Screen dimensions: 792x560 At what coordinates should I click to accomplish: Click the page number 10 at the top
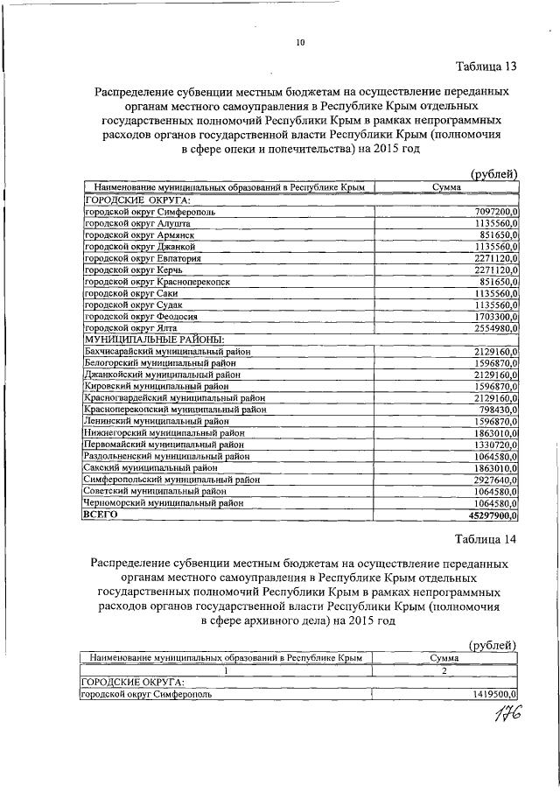click(x=299, y=42)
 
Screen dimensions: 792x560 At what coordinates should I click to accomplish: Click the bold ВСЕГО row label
click(x=100, y=516)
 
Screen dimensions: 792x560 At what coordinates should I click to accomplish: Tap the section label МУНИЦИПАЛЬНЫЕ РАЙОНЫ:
click(x=154, y=339)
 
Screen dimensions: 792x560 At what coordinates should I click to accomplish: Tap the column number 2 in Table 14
click(x=444, y=669)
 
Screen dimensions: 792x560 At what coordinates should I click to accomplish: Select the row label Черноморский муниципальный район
click(x=163, y=504)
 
